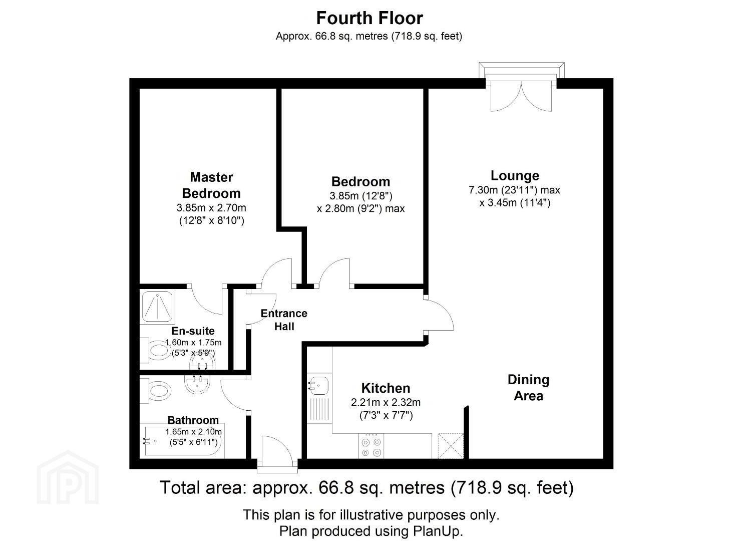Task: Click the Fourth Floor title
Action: point(369,18)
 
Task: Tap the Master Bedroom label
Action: point(211,185)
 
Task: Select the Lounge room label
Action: point(515,176)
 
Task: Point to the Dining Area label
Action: point(528,388)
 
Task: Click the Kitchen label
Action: point(386,388)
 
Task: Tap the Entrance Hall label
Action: point(284,320)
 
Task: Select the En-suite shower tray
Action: point(157,307)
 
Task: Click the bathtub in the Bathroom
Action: point(182,441)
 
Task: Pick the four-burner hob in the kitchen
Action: point(371,446)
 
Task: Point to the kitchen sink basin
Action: point(319,386)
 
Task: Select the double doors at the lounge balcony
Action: point(521,96)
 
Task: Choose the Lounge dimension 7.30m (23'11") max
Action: point(515,190)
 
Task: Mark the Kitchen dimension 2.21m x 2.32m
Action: point(386,403)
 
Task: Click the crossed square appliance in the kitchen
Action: point(451,446)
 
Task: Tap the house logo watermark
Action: point(68,477)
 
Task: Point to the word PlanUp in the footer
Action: point(437,531)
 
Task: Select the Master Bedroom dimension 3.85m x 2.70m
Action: point(211,208)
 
